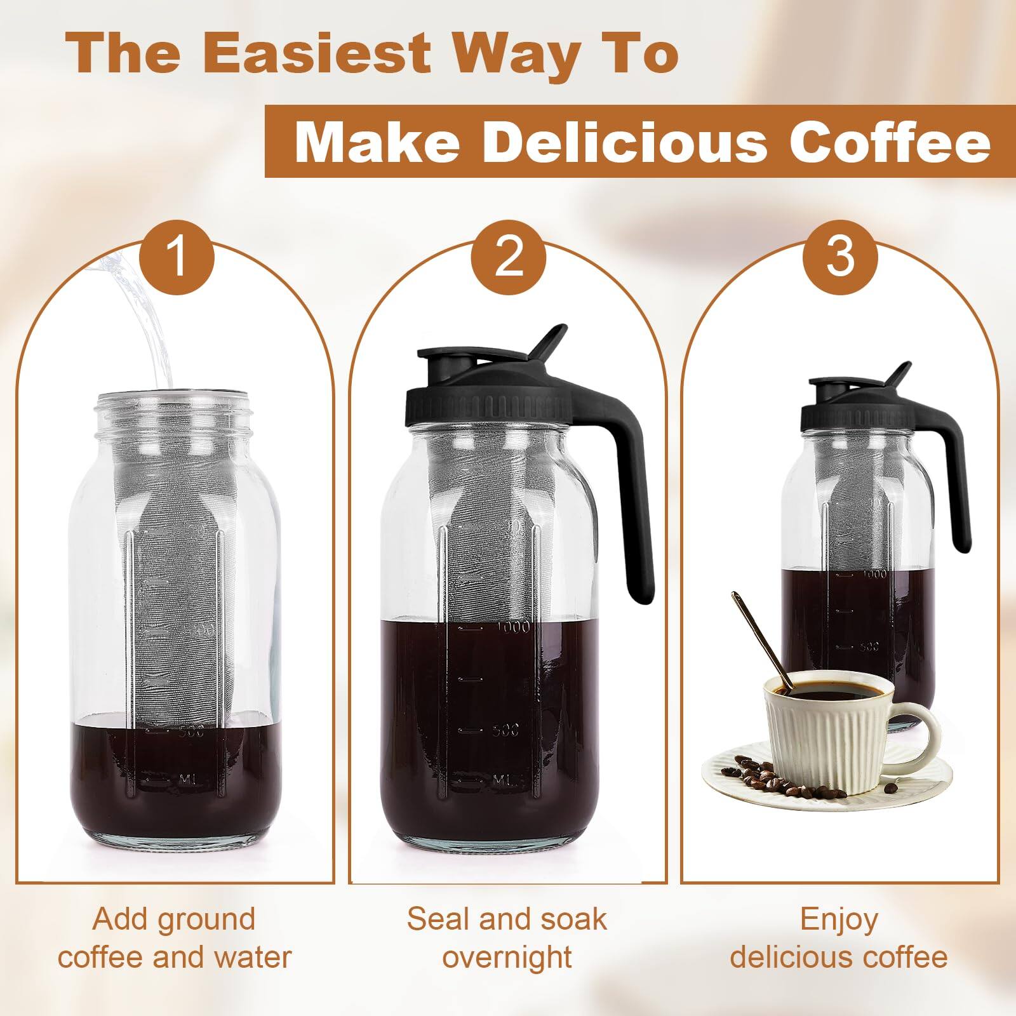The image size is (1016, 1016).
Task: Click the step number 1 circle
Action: (177, 257)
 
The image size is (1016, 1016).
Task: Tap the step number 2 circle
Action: (508, 257)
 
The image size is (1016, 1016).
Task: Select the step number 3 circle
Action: (840, 257)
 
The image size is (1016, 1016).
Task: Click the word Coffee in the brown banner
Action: (889, 142)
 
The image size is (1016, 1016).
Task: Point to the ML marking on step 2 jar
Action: (507, 779)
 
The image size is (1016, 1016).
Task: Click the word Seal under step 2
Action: (438, 919)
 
